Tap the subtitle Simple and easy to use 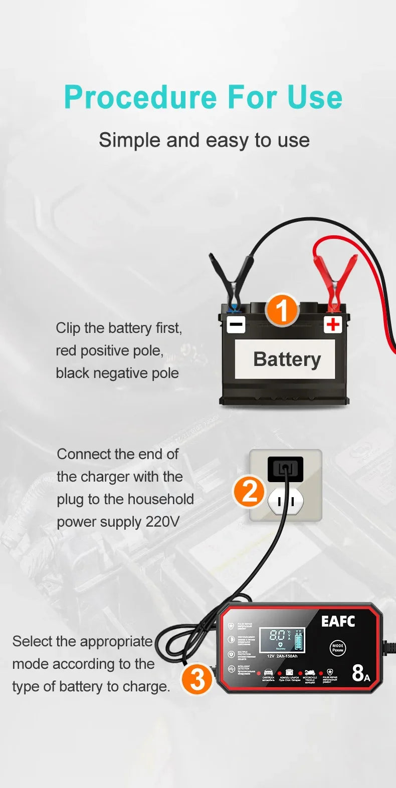pyautogui.click(x=204, y=140)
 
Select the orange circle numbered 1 pyautogui.click(x=282, y=310)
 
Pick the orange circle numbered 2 pyautogui.click(x=249, y=491)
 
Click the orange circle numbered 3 pyautogui.click(x=197, y=679)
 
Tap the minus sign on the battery pyautogui.click(x=236, y=324)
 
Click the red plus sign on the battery pyautogui.click(x=332, y=324)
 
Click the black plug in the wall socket pyautogui.click(x=285, y=469)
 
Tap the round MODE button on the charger pyautogui.click(x=338, y=648)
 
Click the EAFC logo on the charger pyautogui.click(x=338, y=621)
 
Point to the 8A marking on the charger pyautogui.click(x=360, y=673)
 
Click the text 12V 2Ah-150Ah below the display pyautogui.click(x=282, y=656)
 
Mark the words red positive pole pyautogui.click(x=109, y=350)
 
